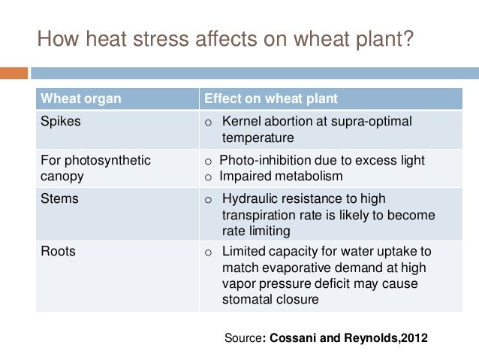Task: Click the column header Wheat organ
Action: pyautogui.click(x=80, y=98)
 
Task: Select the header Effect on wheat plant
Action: pyautogui.click(x=271, y=98)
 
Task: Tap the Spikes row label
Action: pyautogui.click(x=59, y=121)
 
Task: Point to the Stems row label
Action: pyautogui.click(x=59, y=198)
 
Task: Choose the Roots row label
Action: pyautogui.click(x=58, y=251)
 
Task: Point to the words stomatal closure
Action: pyautogui.click(x=270, y=299)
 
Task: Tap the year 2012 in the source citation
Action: pyautogui.click(x=414, y=338)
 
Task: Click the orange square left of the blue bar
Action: pyautogui.click(x=14, y=73)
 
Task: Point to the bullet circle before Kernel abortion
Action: pyautogui.click(x=209, y=122)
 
